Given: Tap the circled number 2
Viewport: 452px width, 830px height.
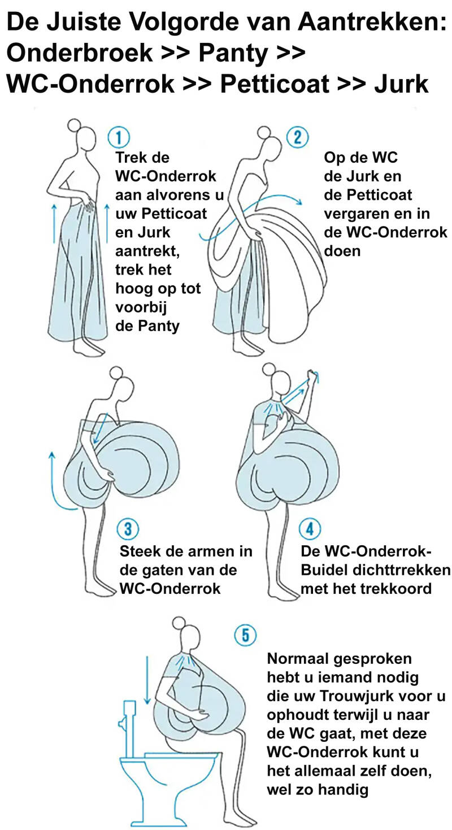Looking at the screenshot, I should click(x=298, y=137).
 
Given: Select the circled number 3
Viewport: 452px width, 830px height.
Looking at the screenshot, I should click(x=128, y=529).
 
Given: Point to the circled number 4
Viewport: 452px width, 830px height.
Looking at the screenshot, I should click(x=310, y=529).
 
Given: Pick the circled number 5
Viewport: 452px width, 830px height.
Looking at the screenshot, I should click(x=245, y=635).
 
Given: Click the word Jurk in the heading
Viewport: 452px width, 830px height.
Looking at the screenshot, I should click(x=402, y=84).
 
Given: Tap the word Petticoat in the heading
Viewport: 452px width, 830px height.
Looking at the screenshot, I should click(x=275, y=84).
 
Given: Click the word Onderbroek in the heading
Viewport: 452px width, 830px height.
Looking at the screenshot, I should click(x=79, y=53).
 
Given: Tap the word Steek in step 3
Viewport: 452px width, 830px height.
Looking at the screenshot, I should click(x=139, y=551).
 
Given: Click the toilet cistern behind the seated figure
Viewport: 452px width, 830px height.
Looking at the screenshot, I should click(x=129, y=723).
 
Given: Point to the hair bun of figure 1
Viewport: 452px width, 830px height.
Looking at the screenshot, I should click(x=73, y=125).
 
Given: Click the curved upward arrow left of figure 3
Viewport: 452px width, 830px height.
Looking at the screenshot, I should click(x=56, y=480).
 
